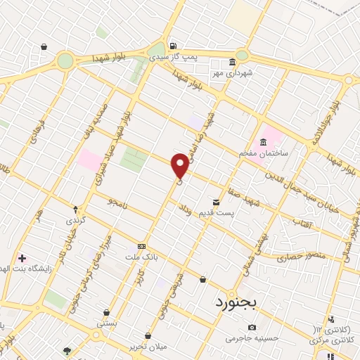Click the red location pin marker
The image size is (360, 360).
pos(180,165)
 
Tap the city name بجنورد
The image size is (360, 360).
pos(235,303)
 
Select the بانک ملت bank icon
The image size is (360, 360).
pos(142,247)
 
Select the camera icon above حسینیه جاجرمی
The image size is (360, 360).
pos(252,327)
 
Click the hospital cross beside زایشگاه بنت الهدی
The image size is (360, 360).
pos(22,258)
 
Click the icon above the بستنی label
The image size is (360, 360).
pos(106,314)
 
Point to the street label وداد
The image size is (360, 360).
pos(184,210)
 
